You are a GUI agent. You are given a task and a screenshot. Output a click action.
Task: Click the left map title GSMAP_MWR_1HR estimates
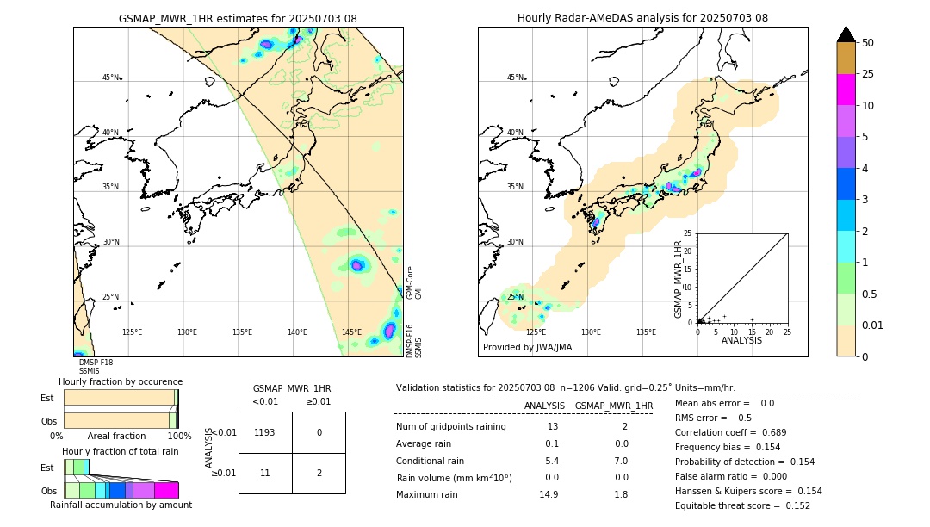pyautogui.click(x=238, y=18)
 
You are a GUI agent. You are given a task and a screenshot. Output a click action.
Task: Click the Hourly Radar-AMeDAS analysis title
pyautogui.click(x=642, y=18)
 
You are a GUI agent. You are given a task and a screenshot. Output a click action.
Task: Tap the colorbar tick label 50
pyautogui.click(x=868, y=43)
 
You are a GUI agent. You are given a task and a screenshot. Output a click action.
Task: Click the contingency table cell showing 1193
pyautogui.click(x=265, y=432)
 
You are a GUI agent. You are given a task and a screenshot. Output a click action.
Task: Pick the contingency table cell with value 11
pyautogui.click(x=265, y=473)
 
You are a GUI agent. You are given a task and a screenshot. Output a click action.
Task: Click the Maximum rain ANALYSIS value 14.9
pyautogui.click(x=551, y=494)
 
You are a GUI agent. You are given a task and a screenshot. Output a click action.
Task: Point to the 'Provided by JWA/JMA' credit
pyautogui.click(x=527, y=347)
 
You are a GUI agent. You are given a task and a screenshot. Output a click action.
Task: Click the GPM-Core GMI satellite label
pyautogui.click(x=412, y=282)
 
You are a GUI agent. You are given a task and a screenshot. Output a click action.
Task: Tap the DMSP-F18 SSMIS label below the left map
pyautogui.click(x=96, y=367)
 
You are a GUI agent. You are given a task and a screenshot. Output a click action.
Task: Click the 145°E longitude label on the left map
pyautogui.click(x=351, y=332)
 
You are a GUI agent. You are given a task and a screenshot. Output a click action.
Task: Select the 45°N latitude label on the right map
pyautogui.click(x=515, y=77)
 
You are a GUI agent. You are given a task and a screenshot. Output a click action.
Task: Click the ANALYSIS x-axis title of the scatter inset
pyautogui.click(x=741, y=340)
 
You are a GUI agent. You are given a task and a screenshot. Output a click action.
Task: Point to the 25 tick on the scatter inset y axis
pyautogui.click(x=687, y=233)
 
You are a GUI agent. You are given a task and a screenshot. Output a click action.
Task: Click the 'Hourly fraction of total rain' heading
pyautogui.click(x=120, y=451)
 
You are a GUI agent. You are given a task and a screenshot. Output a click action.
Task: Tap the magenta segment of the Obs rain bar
pyautogui.click(x=166, y=490)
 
